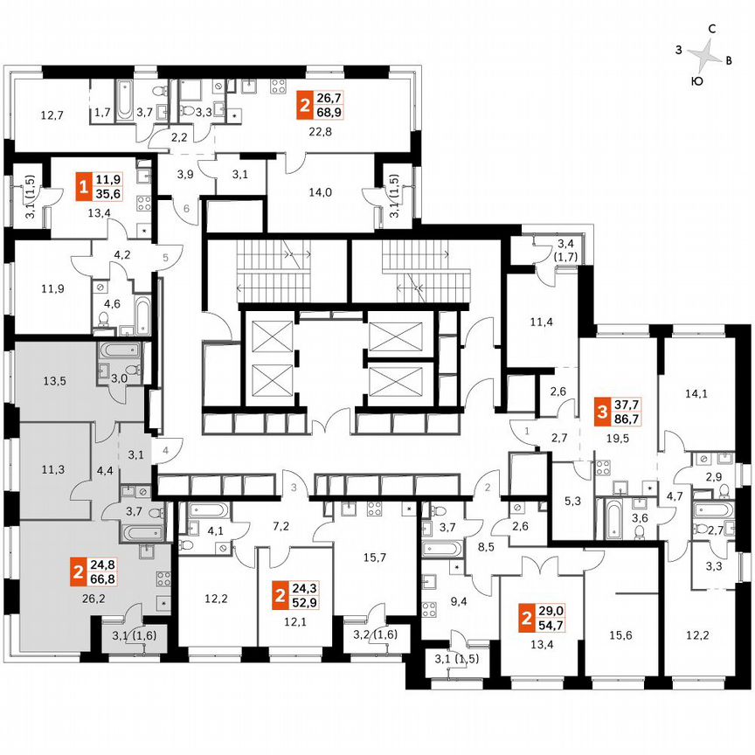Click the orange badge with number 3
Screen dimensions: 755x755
click(601, 409)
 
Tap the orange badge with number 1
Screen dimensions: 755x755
click(83, 186)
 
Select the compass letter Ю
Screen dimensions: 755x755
click(696, 80)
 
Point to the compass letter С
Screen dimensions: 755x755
click(712, 30)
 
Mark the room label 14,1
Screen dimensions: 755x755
click(696, 393)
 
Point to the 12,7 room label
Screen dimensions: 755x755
click(52, 114)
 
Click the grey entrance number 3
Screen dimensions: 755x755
click(294, 486)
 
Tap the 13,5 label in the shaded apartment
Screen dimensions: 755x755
click(54, 380)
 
